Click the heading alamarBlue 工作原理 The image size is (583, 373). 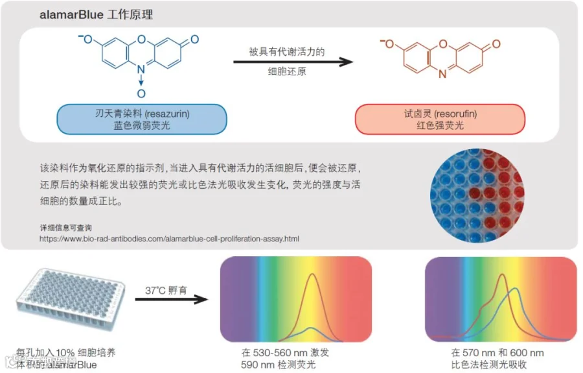96,14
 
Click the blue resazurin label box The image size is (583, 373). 141,119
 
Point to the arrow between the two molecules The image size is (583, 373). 293,62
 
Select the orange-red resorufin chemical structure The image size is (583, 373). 441,57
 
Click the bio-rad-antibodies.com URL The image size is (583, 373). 169,239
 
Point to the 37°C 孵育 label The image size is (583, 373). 166,289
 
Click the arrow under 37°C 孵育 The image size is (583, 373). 172,300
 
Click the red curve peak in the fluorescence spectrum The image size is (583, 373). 314,275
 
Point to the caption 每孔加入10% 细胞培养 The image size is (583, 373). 67,353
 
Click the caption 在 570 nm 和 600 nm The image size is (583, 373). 497,353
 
